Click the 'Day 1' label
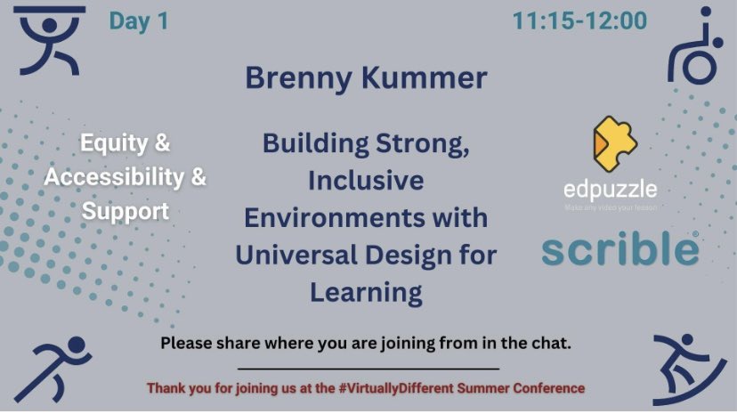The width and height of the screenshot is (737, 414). (139, 21)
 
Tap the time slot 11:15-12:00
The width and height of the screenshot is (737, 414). (579, 21)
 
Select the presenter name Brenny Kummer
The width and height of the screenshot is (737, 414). (366, 78)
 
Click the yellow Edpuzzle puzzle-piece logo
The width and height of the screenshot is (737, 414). (614, 145)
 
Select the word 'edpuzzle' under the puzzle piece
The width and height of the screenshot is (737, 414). (611, 190)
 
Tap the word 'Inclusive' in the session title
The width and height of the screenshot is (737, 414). (366, 181)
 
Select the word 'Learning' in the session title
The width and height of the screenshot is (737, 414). (366, 290)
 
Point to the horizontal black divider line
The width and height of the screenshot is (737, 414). (368, 368)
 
